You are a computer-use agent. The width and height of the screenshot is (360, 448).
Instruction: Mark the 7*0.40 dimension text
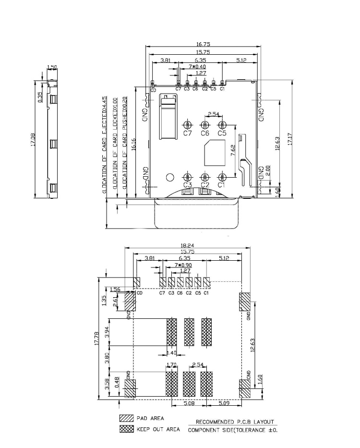point(197,67)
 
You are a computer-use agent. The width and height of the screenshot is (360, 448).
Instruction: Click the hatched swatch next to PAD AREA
point(126,418)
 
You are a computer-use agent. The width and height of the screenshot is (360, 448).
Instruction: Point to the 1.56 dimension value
point(115,289)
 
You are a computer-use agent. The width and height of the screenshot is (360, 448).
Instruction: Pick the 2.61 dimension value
point(115,301)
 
